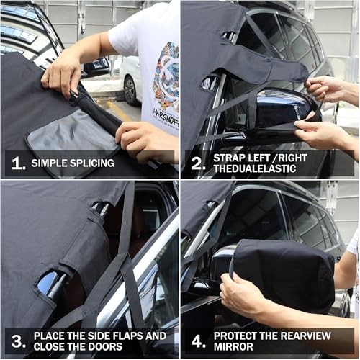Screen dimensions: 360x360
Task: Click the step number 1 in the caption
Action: (x=18, y=163)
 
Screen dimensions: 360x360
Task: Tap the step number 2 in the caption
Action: (x=198, y=163)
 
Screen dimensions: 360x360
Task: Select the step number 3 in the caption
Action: (x=19, y=341)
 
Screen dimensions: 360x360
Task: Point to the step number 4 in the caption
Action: (x=199, y=341)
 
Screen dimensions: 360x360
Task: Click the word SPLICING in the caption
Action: (x=92, y=163)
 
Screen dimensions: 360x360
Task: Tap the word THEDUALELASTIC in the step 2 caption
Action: (x=255, y=168)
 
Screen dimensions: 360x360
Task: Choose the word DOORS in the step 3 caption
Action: (x=106, y=346)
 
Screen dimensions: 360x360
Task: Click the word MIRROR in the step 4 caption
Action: (x=233, y=346)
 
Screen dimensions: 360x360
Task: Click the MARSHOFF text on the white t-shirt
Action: (x=166, y=117)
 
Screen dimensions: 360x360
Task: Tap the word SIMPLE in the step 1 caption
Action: (x=50, y=163)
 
